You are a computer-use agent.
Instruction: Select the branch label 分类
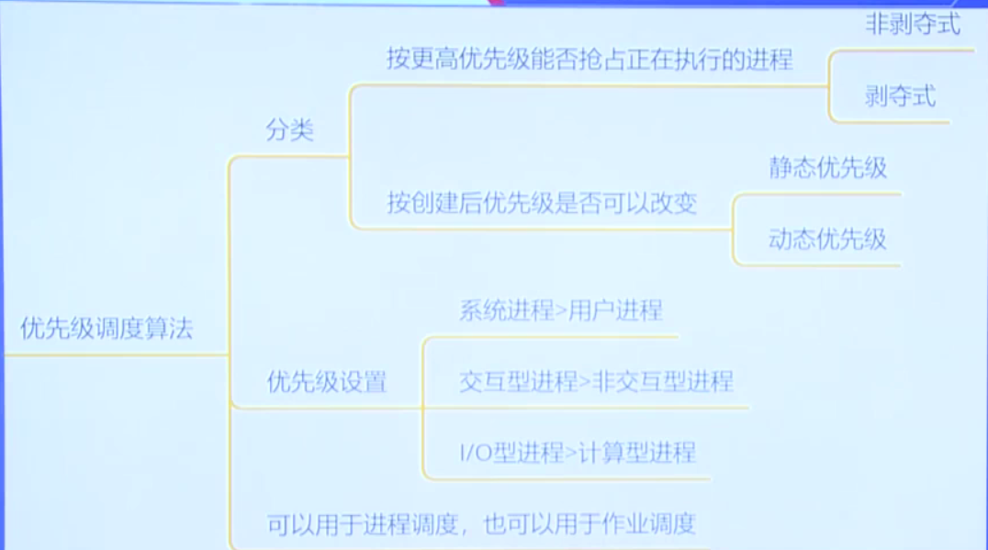click(290, 130)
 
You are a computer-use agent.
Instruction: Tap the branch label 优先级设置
click(327, 382)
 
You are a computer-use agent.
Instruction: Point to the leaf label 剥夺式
click(900, 95)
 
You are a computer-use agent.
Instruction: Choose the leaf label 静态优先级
click(827, 168)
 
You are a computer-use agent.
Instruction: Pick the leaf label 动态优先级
click(827, 240)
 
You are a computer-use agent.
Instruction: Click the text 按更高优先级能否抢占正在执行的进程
click(589, 61)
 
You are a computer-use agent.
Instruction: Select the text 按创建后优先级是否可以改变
click(542, 203)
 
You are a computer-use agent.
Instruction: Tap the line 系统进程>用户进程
click(560, 310)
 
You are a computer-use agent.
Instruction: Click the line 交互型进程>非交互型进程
click(596, 381)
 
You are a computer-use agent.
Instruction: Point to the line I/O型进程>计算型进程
click(577, 452)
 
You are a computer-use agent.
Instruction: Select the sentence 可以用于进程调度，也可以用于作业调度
click(481, 524)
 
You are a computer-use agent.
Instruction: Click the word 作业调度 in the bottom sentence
click(649, 524)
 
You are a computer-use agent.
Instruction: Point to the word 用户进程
click(615, 310)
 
